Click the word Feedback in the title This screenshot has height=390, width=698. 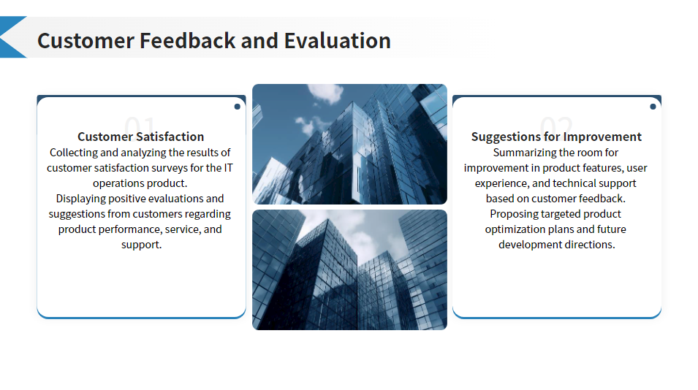pyautogui.click(x=187, y=41)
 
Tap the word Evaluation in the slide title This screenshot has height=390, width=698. pyautogui.click(x=338, y=41)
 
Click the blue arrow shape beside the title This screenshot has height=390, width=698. pyautogui.click(x=13, y=37)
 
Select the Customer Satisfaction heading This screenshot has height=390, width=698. pyautogui.click(x=140, y=137)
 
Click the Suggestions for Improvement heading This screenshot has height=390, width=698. pyautogui.click(x=556, y=137)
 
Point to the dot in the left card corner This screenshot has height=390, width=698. pyautogui.click(x=238, y=107)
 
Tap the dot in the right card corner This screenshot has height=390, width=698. pyautogui.click(x=653, y=107)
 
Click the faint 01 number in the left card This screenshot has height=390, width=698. pyautogui.click(x=140, y=123)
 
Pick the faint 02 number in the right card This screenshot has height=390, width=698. pyautogui.click(x=556, y=123)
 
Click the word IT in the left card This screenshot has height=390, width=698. pyautogui.click(x=228, y=168)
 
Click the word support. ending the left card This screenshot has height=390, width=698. pyautogui.click(x=142, y=245)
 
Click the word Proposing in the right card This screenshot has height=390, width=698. pyautogui.click(x=512, y=214)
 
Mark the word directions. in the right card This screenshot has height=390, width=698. pyautogui.click(x=590, y=245)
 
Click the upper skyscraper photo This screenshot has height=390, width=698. pyautogui.click(x=349, y=144)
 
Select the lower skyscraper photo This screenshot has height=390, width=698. pyautogui.click(x=349, y=270)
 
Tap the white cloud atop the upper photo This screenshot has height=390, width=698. pyautogui.click(x=326, y=93)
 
